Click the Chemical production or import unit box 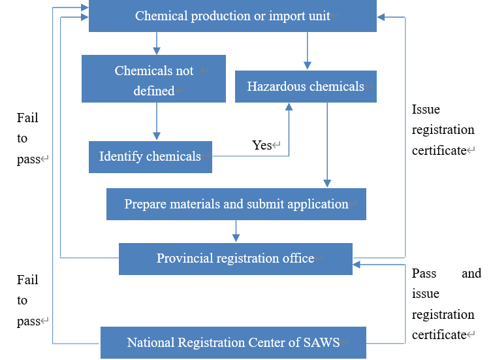click(232, 16)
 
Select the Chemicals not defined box click(153, 79)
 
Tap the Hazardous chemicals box click(306, 86)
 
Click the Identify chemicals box click(150, 157)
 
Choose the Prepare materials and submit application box click(236, 204)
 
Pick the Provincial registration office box click(235, 259)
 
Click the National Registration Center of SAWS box click(233, 342)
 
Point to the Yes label click(262, 145)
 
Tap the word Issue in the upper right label click(426, 109)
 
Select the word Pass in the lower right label click(424, 273)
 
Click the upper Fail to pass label click(27, 138)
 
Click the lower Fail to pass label click(27, 300)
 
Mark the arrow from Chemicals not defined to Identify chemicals click(157, 122)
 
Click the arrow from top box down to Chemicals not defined click(157, 43)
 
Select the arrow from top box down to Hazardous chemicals click(306, 50)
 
